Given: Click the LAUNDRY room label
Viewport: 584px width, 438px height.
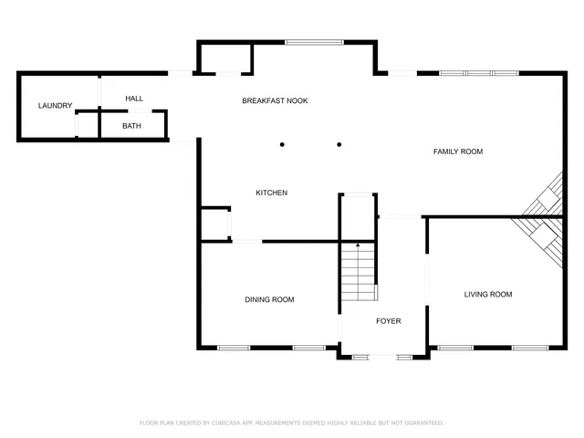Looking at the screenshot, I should tap(55, 106).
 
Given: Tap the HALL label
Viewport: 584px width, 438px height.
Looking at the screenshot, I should tap(134, 99).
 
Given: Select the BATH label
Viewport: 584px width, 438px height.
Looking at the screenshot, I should tap(131, 126).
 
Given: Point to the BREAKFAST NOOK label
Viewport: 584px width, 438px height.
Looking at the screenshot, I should tap(275, 100).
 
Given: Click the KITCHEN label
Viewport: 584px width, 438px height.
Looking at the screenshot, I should tap(271, 193).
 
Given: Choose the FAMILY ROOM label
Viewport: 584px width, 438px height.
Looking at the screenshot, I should tap(457, 151).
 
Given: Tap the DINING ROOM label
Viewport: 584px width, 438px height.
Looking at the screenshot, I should tap(269, 299).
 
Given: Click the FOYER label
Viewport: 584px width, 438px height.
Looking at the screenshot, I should tap(389, 321).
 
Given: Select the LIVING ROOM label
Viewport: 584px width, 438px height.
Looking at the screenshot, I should tap(488, 294).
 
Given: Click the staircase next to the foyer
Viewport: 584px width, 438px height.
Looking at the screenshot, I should tap(359, 273).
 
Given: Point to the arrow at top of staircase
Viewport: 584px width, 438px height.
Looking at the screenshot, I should tap(359, 245).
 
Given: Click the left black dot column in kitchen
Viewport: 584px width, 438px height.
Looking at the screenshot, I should tap(283, 144).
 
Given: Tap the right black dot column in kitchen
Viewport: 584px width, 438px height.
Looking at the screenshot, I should tap(339, 144).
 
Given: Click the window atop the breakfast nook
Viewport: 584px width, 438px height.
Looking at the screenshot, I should tap(314, 42).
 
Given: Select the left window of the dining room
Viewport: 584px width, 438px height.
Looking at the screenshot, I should tap(234, 347).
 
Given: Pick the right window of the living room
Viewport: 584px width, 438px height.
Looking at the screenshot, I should tap(529, 347).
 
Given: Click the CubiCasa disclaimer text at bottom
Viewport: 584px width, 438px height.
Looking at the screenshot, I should tap(291, 422).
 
